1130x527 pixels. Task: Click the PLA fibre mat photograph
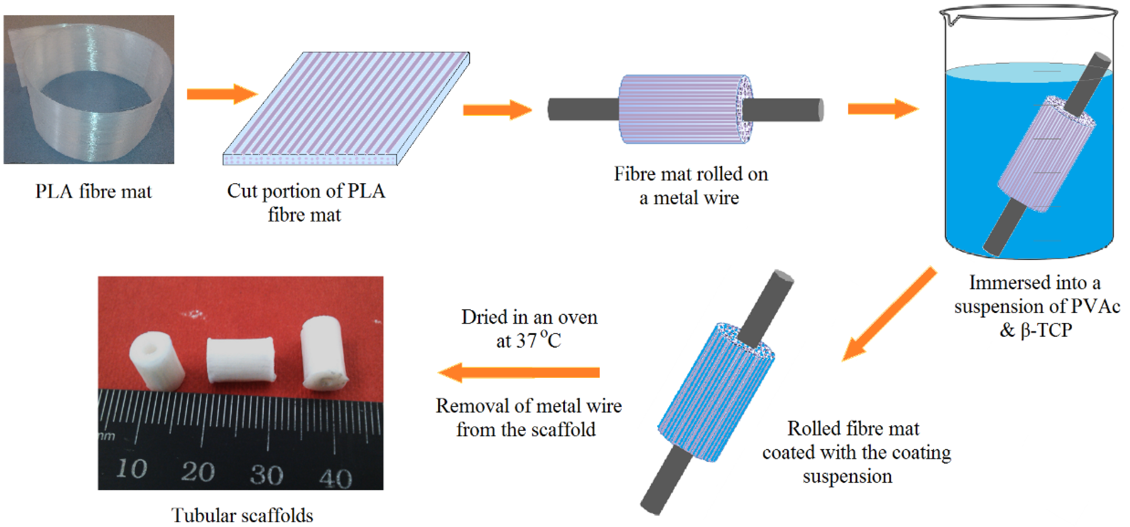pos(89,89)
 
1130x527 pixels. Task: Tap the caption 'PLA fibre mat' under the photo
pos(93,192)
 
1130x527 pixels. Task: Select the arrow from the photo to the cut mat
pos(222,93)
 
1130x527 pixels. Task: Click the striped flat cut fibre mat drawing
pos(347,108)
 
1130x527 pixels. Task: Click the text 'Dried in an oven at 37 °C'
pos(529,329)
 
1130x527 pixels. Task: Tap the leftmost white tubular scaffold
pos(157,360)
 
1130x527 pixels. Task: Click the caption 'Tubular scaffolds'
pos(242,515)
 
